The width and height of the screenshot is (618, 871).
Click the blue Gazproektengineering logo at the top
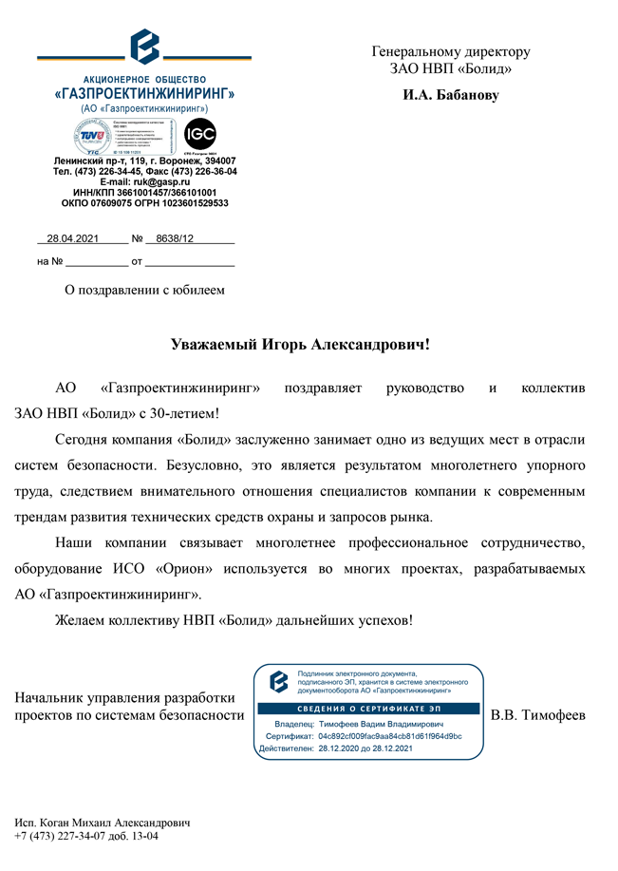pos(145,47)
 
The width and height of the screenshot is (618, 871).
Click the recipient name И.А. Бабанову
pos(450,96)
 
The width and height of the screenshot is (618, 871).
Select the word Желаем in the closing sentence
pos(82,620)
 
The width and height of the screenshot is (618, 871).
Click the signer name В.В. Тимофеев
pos(537,714)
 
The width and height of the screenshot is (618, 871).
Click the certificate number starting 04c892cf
pos(390,736)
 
